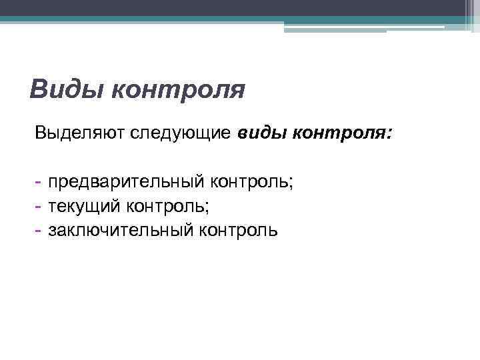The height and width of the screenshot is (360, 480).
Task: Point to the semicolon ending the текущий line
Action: (x=207, y=209)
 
